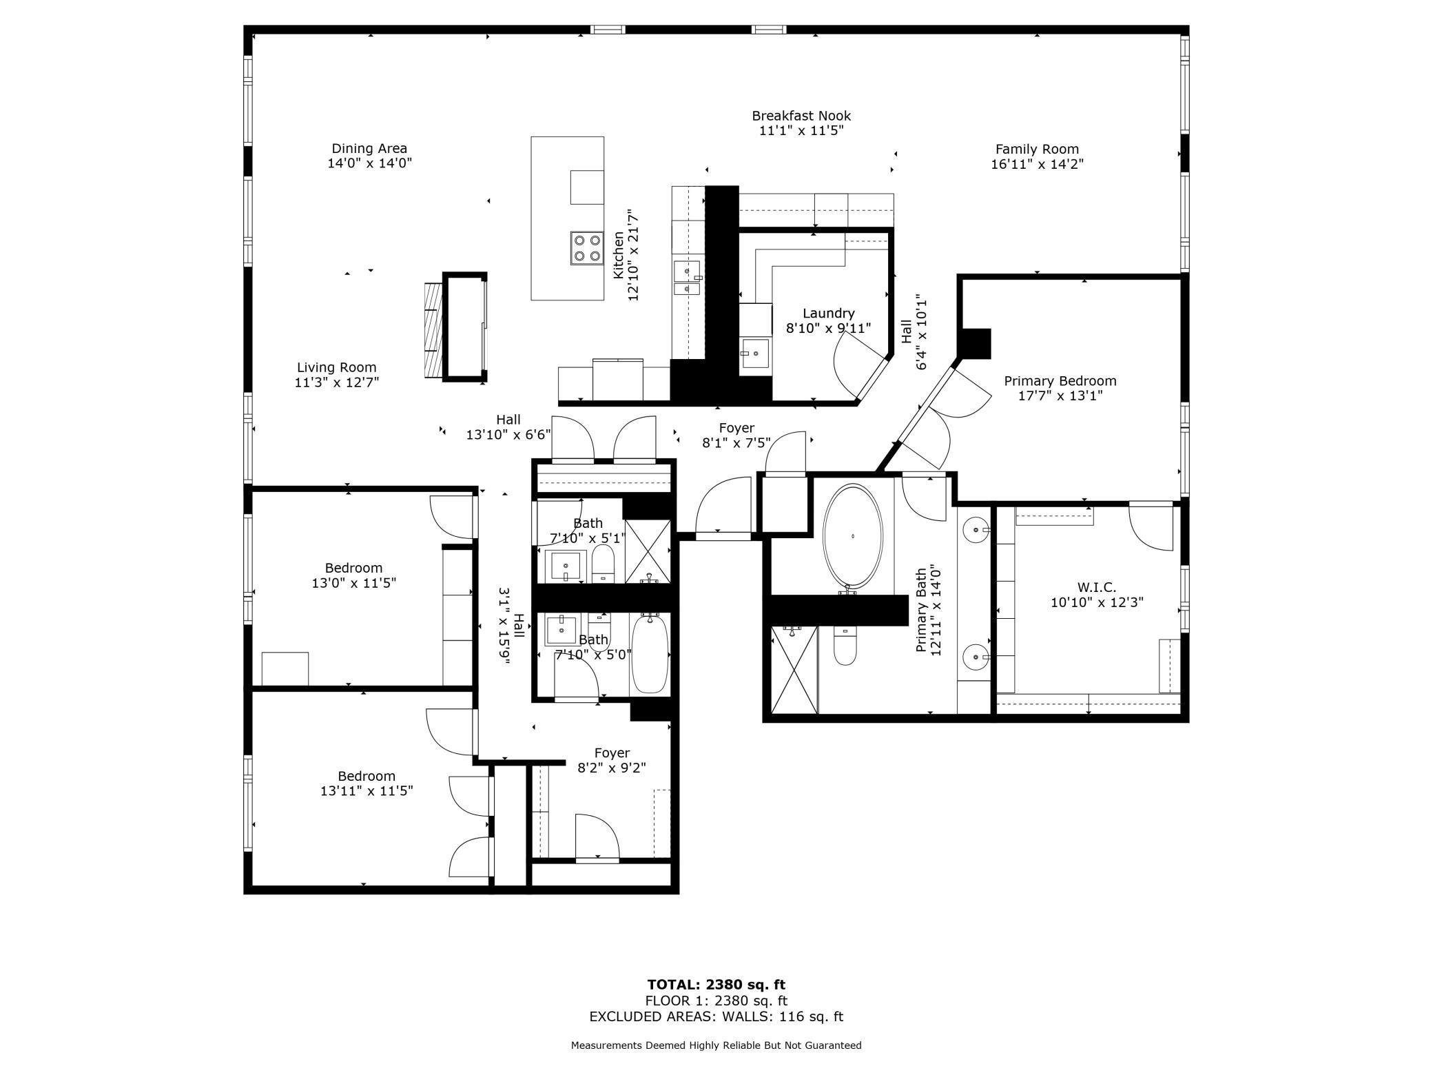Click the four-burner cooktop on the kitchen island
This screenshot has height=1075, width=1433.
(587, 249)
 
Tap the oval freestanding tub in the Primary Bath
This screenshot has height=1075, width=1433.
(853, 536)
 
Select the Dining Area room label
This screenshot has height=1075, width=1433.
(369, 149)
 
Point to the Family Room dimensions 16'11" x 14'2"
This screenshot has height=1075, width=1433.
(1037, 165)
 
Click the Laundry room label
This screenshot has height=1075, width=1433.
(828, 314)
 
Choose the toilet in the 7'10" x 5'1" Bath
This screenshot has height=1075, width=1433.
(603, 564)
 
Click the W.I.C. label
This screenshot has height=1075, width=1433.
(1096, 588)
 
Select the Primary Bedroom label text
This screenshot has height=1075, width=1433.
(1060, 381)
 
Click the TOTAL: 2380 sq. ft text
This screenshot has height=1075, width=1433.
(716, 985)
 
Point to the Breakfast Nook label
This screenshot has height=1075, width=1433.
(801, 116)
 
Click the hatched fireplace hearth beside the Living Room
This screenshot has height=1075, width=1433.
(431, 329)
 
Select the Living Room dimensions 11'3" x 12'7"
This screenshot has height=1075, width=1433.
(337, 382)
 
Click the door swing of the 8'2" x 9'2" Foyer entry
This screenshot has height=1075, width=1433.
(597, 837)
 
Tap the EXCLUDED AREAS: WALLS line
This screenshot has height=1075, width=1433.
(716, 1016)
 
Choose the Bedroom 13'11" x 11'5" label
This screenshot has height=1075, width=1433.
(366, 776)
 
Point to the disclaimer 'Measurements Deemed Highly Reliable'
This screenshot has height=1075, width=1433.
(716, 1045)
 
